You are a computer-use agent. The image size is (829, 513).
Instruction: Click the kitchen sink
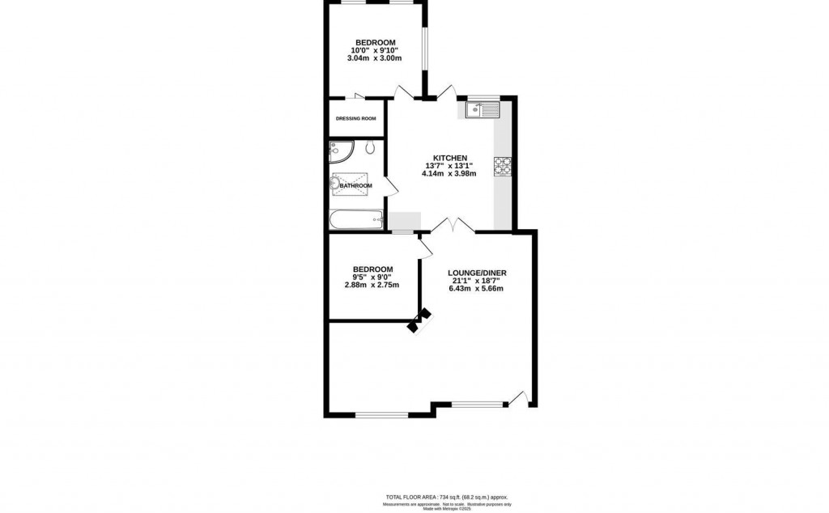483,108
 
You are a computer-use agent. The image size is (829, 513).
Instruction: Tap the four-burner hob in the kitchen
502,164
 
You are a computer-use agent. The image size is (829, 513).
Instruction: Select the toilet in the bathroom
369,148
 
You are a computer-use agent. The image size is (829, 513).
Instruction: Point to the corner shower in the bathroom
340,151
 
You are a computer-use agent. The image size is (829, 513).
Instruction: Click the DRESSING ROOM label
356,119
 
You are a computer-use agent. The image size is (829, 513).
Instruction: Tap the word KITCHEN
449,157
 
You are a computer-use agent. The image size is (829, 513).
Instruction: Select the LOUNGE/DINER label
478,273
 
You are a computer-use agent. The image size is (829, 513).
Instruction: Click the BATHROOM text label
355,186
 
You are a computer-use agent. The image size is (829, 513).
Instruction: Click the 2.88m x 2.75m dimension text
372,285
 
